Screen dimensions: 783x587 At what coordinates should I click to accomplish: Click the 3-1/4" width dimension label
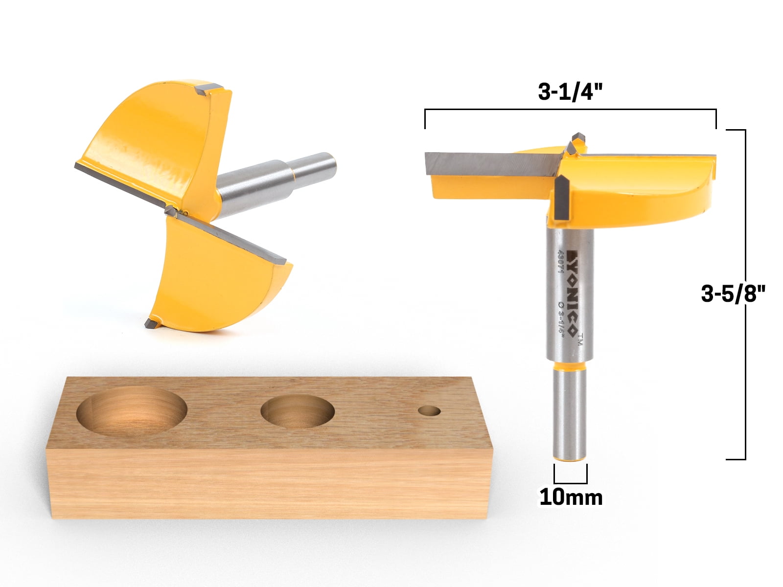pos(570,92)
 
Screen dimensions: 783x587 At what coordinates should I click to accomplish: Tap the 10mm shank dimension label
pos(571,497)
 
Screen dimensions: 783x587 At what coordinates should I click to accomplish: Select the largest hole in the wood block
pos(132,411)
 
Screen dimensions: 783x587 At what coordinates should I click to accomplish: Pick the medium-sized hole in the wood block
pos(298,411)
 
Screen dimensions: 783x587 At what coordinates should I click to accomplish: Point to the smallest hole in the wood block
pos(429,411)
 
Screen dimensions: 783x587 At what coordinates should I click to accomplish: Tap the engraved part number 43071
pos(560,263)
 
